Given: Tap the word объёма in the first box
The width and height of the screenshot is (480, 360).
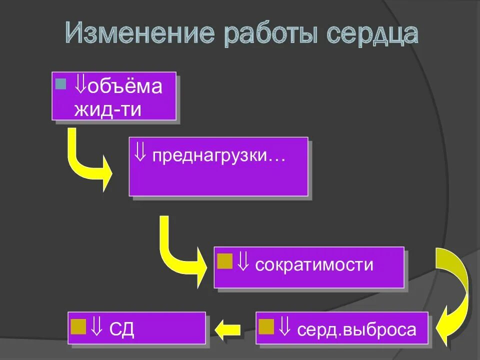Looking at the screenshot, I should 125,86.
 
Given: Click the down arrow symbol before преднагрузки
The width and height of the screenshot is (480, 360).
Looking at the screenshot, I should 140,153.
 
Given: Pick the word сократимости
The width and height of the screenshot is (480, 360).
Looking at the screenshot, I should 314,264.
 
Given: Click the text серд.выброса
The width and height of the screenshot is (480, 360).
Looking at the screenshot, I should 356,330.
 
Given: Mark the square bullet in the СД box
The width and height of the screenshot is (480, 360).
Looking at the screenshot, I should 78,326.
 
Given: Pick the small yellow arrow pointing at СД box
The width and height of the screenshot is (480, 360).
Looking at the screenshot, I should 228,329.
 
